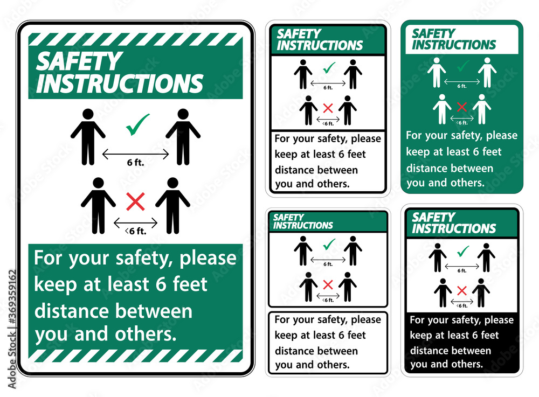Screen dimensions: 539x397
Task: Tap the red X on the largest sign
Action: coord(135,201)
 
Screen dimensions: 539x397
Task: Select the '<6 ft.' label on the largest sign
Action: coord(136,231)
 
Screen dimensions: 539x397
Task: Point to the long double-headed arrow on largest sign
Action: coord(135,154)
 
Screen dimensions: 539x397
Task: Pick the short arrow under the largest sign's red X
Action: coord(135,223)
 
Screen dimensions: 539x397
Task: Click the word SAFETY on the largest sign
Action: coord(79,61)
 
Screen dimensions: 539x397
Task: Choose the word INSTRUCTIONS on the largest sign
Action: coord(120,83)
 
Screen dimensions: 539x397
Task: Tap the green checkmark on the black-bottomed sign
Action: coord(463,251)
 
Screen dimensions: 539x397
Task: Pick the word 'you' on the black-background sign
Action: coord(418,364)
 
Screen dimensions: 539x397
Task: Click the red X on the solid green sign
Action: coord(462,107)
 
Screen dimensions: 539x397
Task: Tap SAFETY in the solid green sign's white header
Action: coord(433,33)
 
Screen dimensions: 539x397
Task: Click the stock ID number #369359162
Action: coord(12,296)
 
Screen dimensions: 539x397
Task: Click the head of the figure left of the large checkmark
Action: coord(88,114)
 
